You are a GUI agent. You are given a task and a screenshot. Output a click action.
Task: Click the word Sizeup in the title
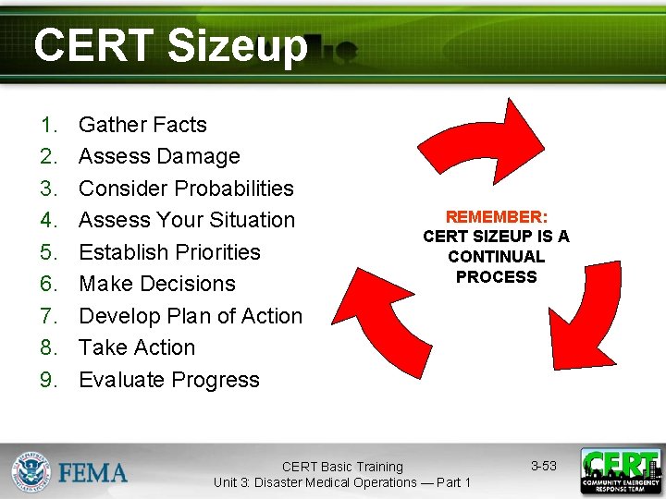tap(236, 46)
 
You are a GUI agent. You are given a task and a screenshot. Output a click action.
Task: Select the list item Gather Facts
tap(142, 125)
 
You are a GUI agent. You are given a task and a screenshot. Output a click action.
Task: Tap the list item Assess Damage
tap(159, 156)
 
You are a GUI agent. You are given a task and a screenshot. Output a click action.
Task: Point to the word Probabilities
tap(233, 189)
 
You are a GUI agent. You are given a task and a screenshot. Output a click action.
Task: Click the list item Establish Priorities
tap(169, 252)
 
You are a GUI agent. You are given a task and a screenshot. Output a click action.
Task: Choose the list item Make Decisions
tap(157, 284)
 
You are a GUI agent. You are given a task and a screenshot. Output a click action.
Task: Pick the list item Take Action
tap(137, 347)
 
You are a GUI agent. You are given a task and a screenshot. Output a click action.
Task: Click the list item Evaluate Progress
tap(169, 380)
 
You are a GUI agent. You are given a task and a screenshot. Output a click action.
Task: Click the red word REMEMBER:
tap(497, 216)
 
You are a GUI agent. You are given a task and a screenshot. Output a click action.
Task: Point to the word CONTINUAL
tap(497, 257)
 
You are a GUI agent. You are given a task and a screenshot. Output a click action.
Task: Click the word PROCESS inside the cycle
tap(497, 277)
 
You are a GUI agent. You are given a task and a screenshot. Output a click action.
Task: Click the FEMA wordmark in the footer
tap(93, 473)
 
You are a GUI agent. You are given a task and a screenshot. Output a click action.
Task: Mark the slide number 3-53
tap(544, 466)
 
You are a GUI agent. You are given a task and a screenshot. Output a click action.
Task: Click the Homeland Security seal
tap(31, 472)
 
